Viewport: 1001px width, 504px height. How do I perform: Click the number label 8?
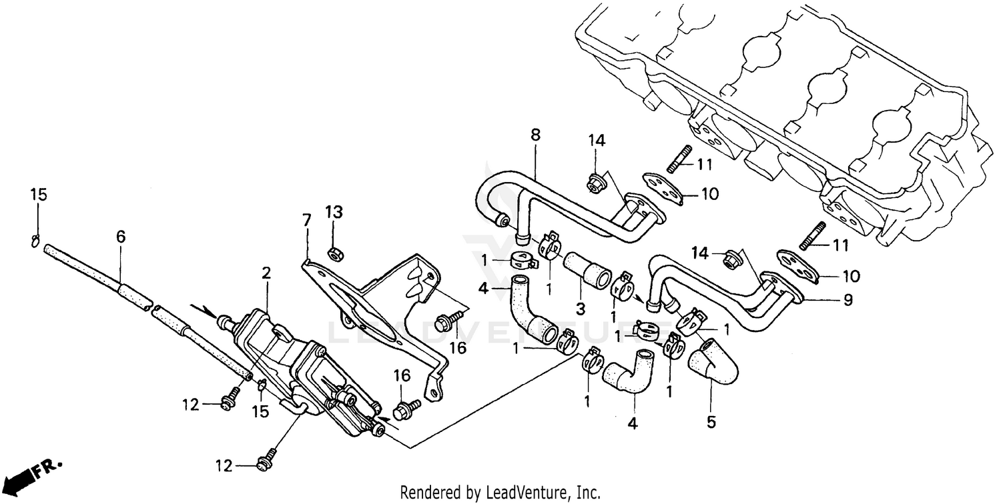tap(535, 135)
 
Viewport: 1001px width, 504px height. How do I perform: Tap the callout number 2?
tap(266, 272)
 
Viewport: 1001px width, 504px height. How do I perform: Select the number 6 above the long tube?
tap(120, 237)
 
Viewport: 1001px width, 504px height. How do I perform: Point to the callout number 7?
tap(306, 219)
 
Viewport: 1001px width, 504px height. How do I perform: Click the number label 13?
tap(334, 212)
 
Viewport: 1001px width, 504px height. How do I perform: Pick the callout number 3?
tap(581, 309)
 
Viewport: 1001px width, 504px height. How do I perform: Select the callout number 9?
tap(848, 300)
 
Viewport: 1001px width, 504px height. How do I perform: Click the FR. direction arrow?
tap(30, 472)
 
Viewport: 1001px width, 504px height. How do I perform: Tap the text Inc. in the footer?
tap(588, 493)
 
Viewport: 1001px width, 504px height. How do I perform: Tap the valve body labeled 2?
tap(294, 360)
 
